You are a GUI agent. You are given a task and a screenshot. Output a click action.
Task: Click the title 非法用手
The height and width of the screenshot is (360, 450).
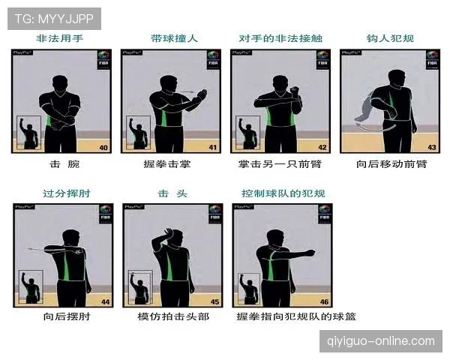pos(62,37)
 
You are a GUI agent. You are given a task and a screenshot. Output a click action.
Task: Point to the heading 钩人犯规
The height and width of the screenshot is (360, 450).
pos(390,37)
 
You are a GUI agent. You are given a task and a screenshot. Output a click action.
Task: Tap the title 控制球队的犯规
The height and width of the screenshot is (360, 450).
pos(283,193)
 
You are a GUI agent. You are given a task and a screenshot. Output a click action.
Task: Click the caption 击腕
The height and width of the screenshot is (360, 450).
pos(64,163)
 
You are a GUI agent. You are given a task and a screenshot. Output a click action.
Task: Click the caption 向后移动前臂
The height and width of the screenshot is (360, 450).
pos(390,163)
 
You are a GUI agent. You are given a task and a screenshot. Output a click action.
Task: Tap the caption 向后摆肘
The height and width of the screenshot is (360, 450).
pos(64,317)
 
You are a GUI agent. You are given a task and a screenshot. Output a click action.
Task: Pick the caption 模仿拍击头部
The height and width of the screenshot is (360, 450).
pos(173,317)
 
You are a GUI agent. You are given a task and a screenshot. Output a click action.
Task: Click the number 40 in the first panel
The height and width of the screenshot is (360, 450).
pos(103,148)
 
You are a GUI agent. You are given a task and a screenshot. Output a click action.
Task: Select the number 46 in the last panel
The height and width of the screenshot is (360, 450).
pos(324,301)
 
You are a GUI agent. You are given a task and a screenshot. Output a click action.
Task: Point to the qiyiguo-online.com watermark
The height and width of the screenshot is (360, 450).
pos(381,341)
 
